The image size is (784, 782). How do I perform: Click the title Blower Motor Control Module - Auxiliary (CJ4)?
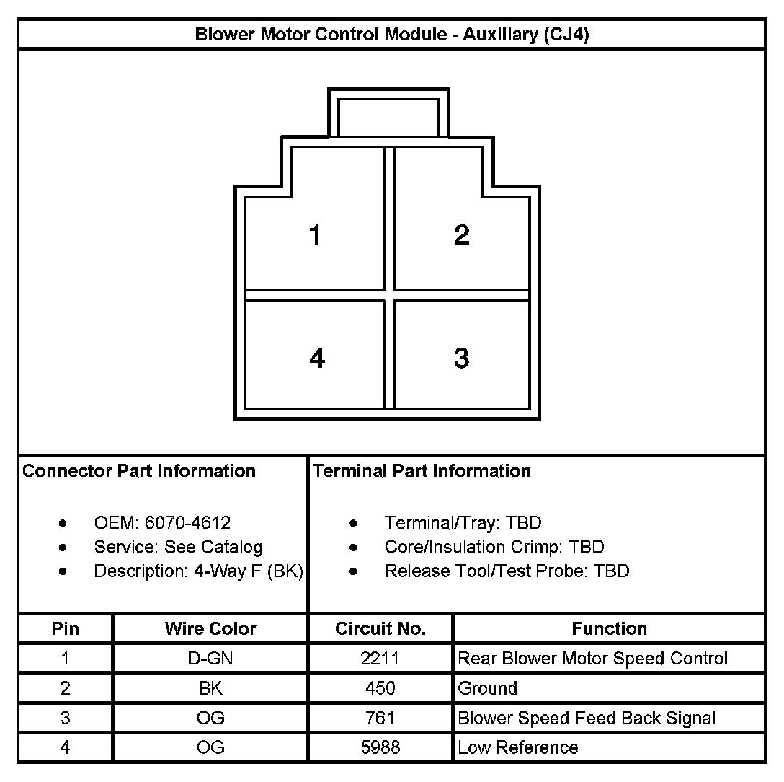click(391, 35)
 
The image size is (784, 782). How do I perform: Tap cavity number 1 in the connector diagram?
click(315, 235)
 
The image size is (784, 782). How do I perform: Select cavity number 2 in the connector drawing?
click(462, 235)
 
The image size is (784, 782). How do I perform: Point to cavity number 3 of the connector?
click(462, 358)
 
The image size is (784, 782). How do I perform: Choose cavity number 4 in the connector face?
click(316, 358)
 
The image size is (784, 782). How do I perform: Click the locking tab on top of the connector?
click(388, 114)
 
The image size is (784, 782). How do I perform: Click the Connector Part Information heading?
click(139, 471)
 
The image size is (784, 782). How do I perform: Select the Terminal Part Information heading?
click(422, 471)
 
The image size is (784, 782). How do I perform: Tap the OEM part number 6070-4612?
click(187, 523)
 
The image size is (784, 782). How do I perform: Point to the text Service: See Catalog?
click(178, 547)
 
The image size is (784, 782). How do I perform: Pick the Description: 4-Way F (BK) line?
click(198, 571)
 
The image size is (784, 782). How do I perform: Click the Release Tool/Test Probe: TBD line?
click(507, 571)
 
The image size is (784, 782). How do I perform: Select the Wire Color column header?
click(210, 628)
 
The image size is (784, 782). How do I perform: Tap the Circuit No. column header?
click(380, 628)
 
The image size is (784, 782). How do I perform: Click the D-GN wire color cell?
click(210, 659)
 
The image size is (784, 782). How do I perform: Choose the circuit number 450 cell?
click(380, 688)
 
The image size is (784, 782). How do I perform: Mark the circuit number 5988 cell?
click(380, 747)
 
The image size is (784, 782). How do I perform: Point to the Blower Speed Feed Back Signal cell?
click(587, 719)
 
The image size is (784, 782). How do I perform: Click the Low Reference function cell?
click(517, 747)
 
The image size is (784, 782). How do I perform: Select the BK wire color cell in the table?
click(210, 688)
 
